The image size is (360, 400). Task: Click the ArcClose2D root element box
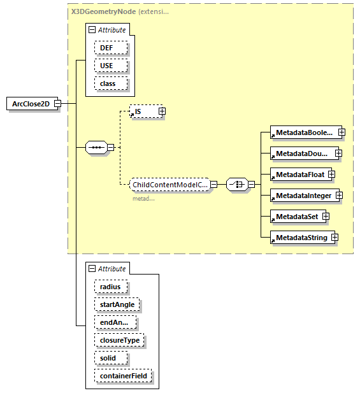click(x=31, y=104)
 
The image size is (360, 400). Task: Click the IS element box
click(x=143, y=111)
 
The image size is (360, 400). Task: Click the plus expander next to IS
click(x=162, y=111)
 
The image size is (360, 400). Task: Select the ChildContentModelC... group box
click(x=169, y=185)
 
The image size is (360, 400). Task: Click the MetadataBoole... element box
click(x=303, y=132)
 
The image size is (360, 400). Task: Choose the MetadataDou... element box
click(x=301, y=154)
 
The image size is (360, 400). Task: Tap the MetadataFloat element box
click(x=298, y=175)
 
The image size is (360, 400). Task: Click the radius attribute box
click(x=110, y=287)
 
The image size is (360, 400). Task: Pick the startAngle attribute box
click(x=117, y=304)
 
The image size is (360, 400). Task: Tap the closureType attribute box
click(x=119, y=340)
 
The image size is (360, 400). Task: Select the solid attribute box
click(x=108, y=358)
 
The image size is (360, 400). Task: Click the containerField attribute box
click(x=123, y=376)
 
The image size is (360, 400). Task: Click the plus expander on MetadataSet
click(x=326, y=217)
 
